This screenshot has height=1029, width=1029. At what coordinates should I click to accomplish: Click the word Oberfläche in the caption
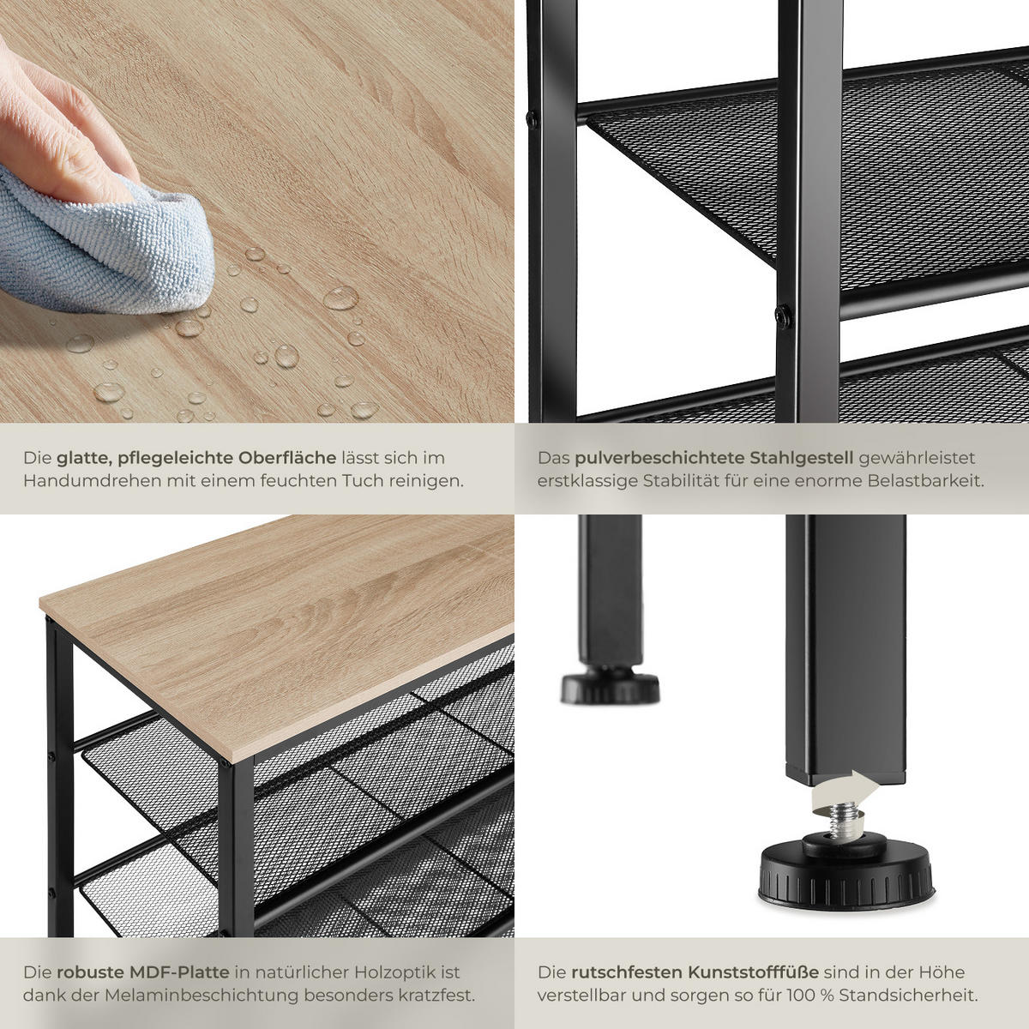click(x=287, y=459)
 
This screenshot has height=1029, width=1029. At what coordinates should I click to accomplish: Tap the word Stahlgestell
click(x=801, y=459)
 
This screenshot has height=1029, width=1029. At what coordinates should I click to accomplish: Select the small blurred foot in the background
click(x=610, y=687)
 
